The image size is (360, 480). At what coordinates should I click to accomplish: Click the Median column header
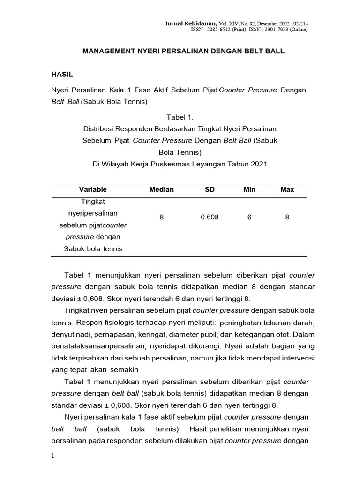tap(161, 189)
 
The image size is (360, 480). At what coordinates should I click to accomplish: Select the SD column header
tap(210, 189)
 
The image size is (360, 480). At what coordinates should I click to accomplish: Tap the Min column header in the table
tap(249, 189)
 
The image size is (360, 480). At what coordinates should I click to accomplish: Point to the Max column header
tap(287, 189)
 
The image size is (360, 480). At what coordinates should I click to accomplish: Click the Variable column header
tap(93, 189)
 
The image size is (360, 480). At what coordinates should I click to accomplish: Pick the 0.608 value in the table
tap(210, 217)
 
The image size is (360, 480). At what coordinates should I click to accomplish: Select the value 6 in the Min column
tap(249, 217)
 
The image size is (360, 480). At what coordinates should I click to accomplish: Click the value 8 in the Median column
tap(161, 217)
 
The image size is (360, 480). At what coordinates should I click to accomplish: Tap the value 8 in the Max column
tap(287, 217)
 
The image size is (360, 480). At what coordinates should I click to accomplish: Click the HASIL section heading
tap(61, 74)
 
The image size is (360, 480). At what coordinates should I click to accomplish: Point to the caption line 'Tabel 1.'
tap(180, 116)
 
